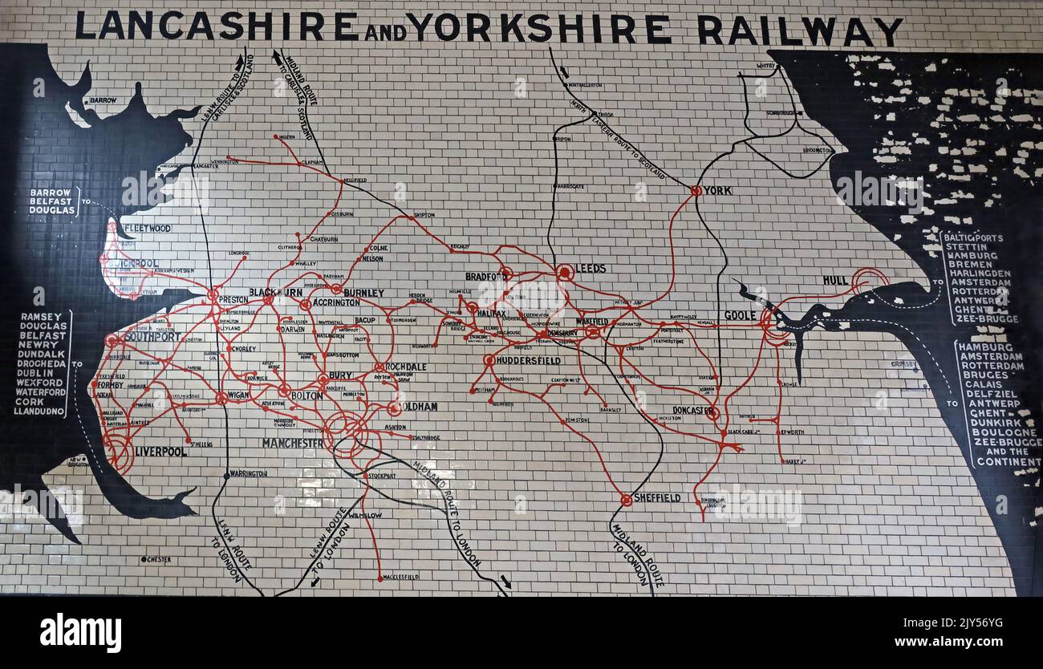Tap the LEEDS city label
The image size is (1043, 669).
coord(590,269)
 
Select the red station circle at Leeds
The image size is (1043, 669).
coord(565,273)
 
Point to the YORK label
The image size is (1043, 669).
coord(717,191)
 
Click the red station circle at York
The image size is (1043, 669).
coord(696,191)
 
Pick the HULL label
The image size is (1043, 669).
coord(835,280)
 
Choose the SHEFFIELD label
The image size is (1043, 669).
coord(657,498)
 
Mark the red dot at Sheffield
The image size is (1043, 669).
coord(626,500)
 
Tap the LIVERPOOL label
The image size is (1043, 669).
coord(160,452)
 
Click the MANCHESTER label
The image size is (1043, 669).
coord(293,443)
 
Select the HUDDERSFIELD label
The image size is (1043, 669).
coord(528,361)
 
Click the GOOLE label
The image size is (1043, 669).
coord(740,315)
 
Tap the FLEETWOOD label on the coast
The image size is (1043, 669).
coord(148,229)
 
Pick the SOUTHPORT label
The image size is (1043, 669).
coord(153,337)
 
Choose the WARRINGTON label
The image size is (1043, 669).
coord(249,474)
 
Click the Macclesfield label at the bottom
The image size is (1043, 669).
coord(401,577)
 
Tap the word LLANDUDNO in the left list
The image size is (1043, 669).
coord(40,412)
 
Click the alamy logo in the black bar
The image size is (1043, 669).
coord(81,633)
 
